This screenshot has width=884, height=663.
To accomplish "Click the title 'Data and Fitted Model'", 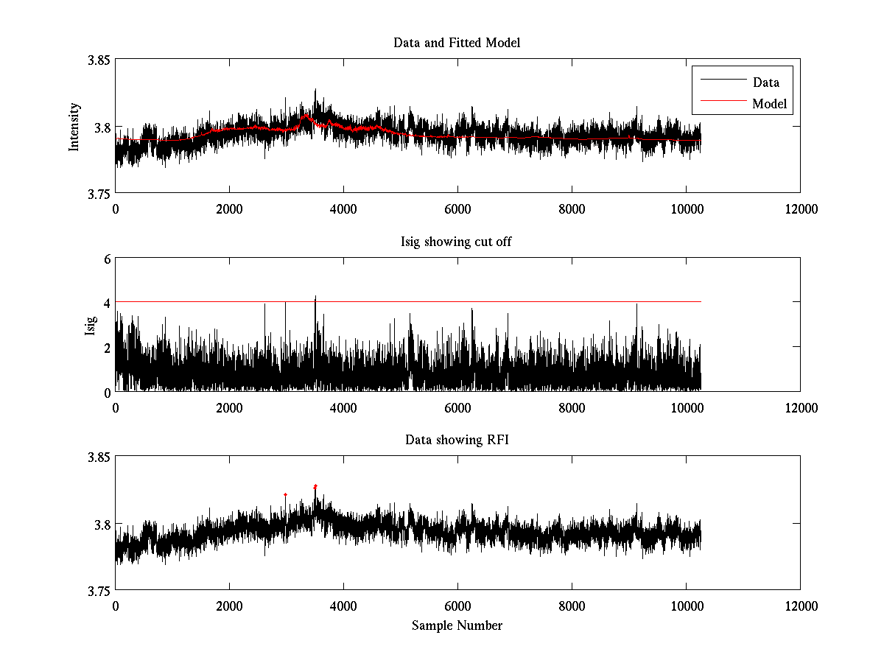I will click(x=457, y=43).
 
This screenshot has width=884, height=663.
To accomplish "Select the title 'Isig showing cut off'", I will click(x=456, y=242).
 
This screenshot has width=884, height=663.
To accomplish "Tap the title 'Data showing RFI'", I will click(x=457, y=440).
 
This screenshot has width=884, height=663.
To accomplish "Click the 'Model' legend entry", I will click(x=770, y=104).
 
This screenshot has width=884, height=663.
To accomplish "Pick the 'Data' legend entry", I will click(x=765, y=83).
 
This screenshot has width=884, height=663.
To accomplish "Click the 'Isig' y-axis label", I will click(x=91, y=325).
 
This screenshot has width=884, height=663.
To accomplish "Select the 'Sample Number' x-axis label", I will click(x=457, y=625).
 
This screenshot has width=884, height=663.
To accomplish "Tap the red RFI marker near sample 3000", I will click(x=285, y=494).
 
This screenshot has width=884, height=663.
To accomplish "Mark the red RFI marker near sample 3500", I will click(x=315, y=486).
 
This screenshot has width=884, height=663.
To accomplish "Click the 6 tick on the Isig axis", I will click(x=106, y=259).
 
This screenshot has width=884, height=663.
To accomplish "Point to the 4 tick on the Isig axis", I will click(x=106, y=303).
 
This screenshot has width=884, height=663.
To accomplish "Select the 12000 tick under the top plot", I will click(x=800, y=209).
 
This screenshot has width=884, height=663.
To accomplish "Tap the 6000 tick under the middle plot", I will click(x=457, y=407).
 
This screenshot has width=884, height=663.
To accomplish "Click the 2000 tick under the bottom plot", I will click(x=229, y=606).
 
